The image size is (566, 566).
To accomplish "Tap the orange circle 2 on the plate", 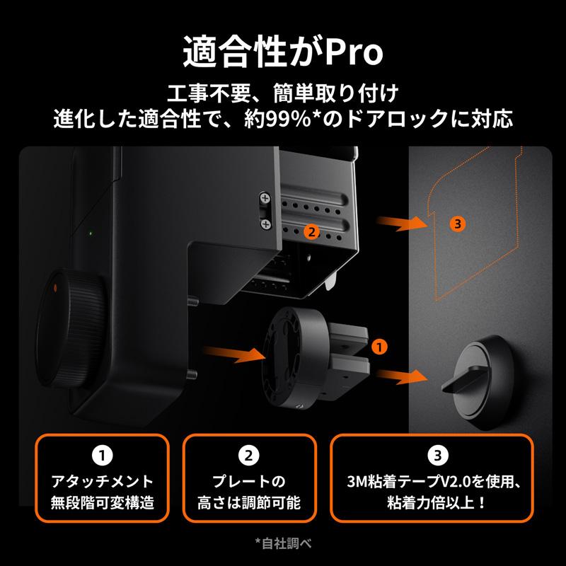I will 309,231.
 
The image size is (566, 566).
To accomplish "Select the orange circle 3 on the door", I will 458,224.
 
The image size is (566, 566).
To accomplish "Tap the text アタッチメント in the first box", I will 103,483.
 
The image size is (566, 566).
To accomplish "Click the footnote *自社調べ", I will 283,543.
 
